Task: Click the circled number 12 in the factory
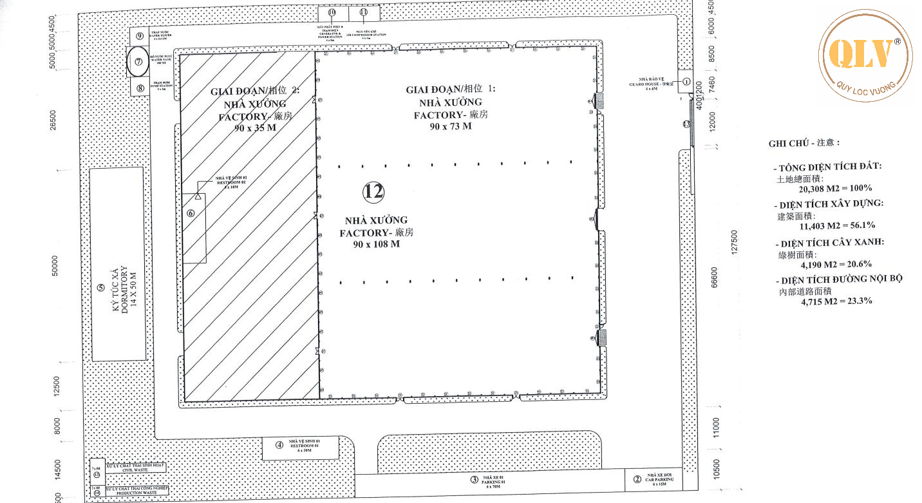click(373, 191)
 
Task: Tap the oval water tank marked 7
click(138, 62)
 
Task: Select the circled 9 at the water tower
click(139, 36)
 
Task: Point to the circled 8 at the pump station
click(139, 88)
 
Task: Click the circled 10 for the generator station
click(332, 12)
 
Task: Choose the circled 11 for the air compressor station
click(364, 12)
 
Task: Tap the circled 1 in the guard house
click(686, 82)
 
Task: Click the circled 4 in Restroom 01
click(279, 444)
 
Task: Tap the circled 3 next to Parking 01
click(474, 479)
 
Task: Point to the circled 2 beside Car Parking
click(637, 479)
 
